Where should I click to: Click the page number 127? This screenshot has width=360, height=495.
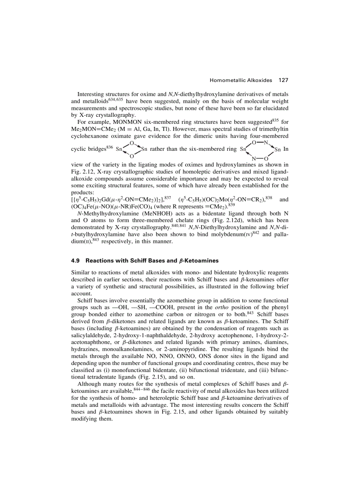pos(283,80)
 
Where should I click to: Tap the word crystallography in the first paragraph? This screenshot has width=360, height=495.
pos(113,114)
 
